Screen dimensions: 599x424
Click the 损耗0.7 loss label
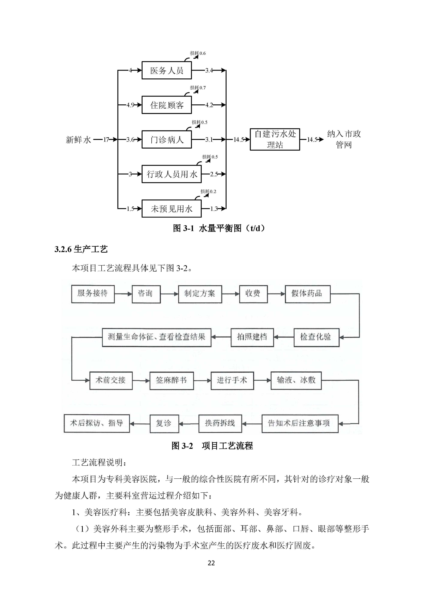tap(198, 88)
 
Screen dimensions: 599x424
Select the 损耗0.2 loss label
tap(208, 192)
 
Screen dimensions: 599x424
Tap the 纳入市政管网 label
tap(344, 139)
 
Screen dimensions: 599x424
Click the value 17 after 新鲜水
tap(106, 140)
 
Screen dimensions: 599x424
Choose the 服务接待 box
tap(93, 294)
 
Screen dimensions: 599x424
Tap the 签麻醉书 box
tap(171, 380)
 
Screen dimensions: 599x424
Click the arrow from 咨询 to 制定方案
tap(169, 294)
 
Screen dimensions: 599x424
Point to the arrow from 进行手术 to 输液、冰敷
tap(262, 380)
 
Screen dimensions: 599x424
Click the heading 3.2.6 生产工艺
tap(81, 249)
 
